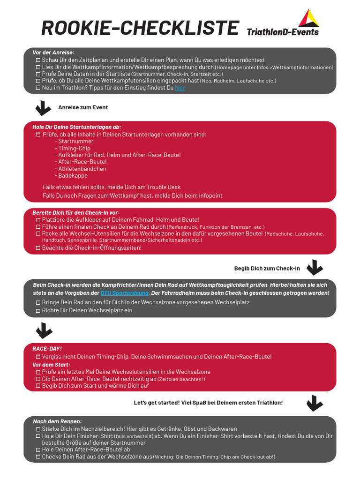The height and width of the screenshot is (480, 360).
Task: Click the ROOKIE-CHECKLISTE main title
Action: (140, 28)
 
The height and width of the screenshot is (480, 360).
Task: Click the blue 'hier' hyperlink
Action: (180, 88)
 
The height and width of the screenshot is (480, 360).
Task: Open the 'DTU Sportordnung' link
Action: (125, 293)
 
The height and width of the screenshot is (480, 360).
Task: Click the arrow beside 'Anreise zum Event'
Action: (44, 108)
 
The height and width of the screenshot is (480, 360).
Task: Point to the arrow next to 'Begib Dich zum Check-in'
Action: (314, 268)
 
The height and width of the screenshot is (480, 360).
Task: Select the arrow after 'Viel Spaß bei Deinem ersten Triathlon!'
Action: (314, 403)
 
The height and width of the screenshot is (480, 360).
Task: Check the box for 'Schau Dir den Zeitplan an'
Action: (38, 60)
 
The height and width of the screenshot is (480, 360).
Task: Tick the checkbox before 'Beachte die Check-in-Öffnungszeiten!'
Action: (38, 248)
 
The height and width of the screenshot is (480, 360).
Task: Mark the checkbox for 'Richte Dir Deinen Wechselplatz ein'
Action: (38, 311)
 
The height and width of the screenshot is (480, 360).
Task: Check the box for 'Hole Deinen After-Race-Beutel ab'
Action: (38, 450)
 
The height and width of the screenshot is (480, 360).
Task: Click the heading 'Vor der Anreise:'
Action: (53, 52)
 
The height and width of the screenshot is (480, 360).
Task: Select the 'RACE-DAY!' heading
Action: (47, 349)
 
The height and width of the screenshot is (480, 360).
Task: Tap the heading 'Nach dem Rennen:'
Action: (57, 421)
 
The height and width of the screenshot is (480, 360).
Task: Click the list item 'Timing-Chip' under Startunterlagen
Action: (74, 148)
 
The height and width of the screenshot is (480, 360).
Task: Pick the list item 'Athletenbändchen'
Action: (82, 169)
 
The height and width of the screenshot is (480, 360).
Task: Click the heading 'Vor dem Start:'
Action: (51, 365)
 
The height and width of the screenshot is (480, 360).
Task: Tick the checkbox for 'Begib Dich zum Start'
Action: (38, 386)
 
